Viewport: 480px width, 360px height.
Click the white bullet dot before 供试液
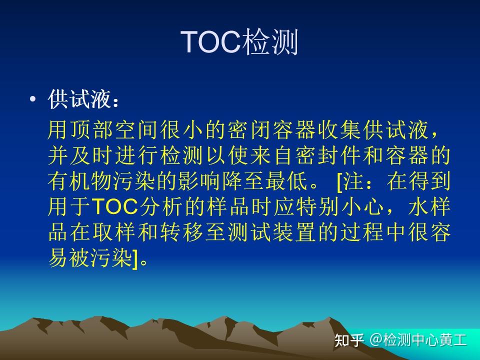(x=33, y=99)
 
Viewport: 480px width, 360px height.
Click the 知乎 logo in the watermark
(x=349, y=340)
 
